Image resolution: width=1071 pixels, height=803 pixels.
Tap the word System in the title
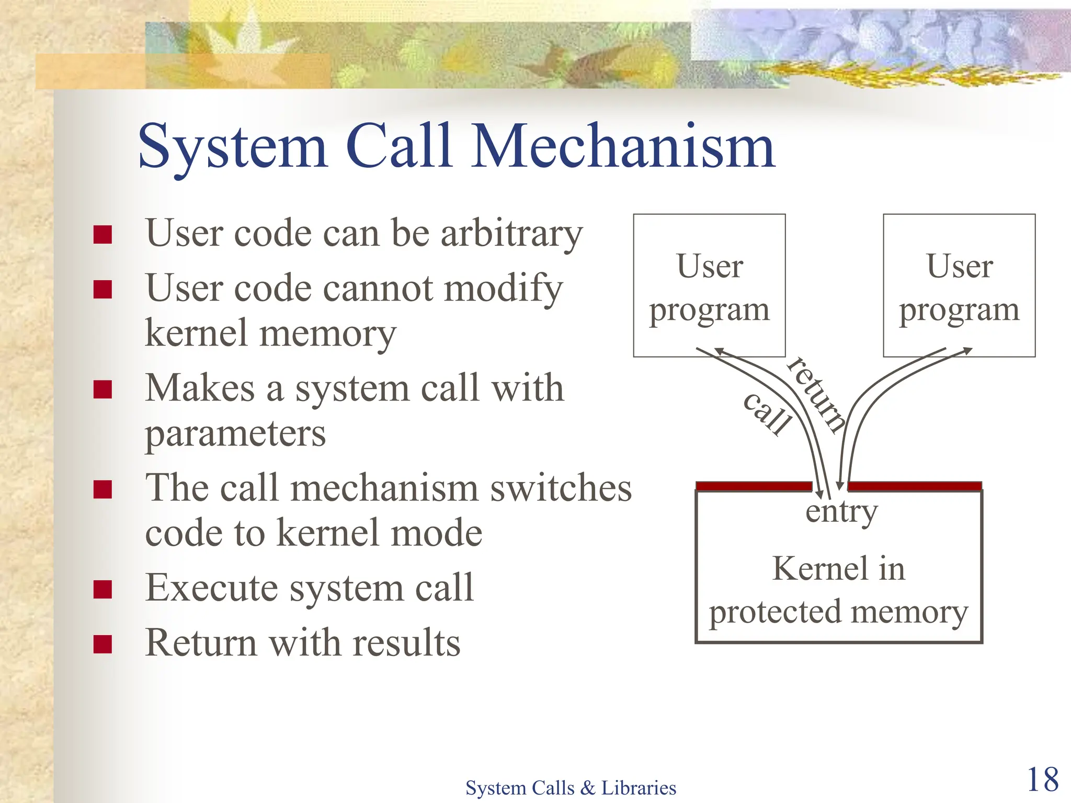point(233,147)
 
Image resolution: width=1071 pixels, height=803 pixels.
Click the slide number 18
point(1042,779)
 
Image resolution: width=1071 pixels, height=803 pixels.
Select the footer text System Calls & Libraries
point(571,787)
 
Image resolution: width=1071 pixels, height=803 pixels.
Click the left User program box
point(709,285)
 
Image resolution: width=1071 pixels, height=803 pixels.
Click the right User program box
point(959,285)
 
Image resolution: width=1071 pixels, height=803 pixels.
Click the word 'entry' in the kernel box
point(841,511)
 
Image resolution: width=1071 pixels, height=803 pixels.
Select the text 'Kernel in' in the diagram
point(838,568)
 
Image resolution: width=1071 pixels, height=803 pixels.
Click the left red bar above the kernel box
point(753,486)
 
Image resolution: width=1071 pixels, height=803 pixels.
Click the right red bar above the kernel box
point(914,486)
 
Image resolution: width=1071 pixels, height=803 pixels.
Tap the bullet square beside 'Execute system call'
point(102,589)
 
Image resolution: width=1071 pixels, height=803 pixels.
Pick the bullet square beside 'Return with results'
point(102,644)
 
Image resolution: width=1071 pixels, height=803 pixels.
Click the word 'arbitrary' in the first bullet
point(511,234)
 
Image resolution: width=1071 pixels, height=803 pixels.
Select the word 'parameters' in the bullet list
point(235,434)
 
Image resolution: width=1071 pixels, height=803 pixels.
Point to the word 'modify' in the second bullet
point(503,289)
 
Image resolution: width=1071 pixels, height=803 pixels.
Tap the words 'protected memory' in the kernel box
point(838,612)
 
